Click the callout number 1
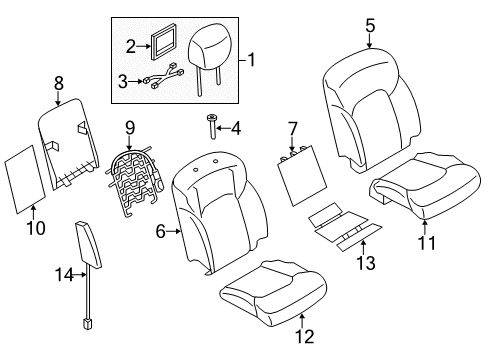click(252, 60)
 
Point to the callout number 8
click(58, 87)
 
